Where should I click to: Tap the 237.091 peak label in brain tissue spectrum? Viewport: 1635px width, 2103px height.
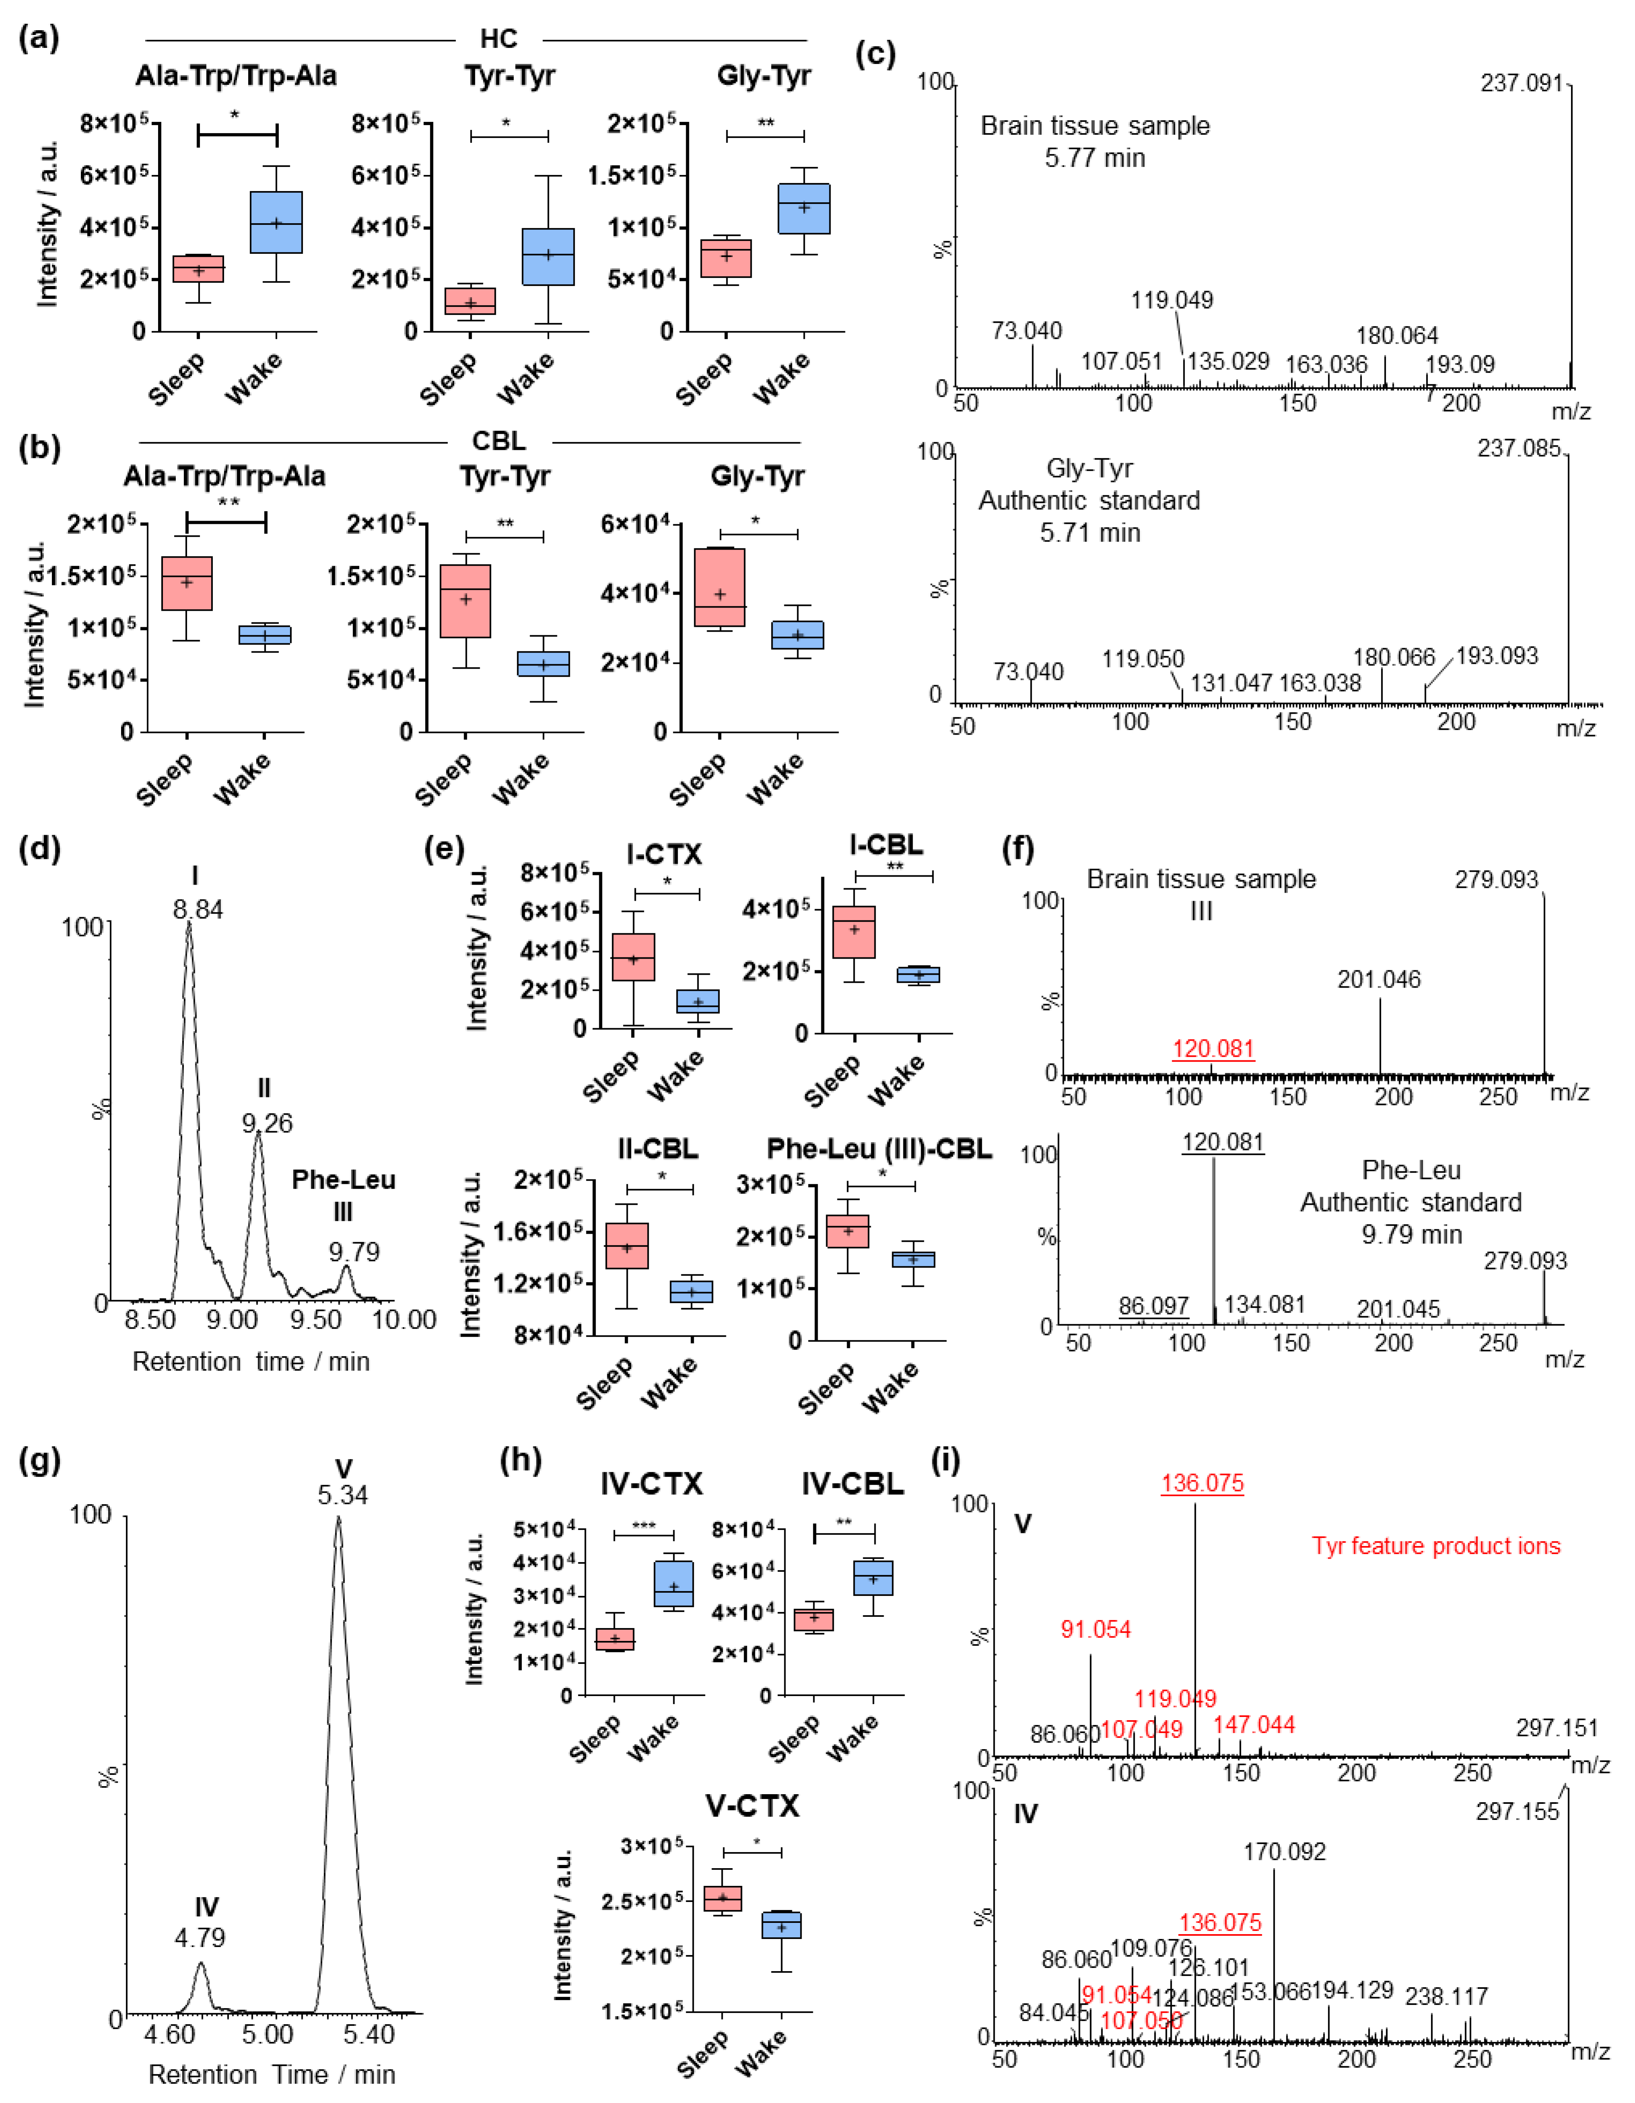pyautogui.click(x=1522, y=83)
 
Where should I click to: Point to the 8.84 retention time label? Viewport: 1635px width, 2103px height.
pyautogui.click(x=197, y=909)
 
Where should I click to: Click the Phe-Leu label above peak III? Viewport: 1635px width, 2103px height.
pyautogui.click(x=344, y=1179)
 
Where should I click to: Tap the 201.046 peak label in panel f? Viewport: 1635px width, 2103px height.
pyautogui.click(x=1379, y=979)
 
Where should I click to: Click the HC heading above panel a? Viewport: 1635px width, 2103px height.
pyautogui.click(x=499, y=39)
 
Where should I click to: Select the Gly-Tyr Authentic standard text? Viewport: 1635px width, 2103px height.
pyautogui.click(x=1089, y=485)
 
